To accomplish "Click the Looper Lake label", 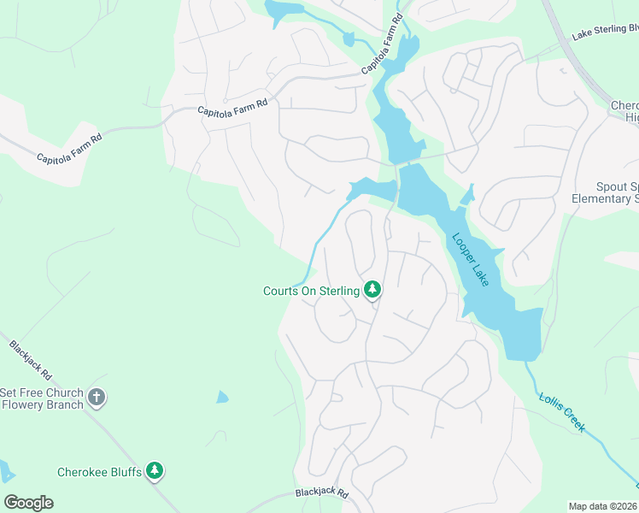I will pyautogui.click(x=470, y=260).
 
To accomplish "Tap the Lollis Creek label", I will pyautogui.click(x=562, y=411).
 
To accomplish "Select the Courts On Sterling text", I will pyautogui.click(x=310, y=292).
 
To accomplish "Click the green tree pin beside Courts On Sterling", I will pyautogui.click(x=372, y=290).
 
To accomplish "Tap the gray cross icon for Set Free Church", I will pyautogui.click(x=97, y=398).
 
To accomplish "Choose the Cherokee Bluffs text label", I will pyautogui.click(x=98, y=471).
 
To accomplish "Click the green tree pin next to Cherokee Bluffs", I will pyautogui.click(x=154, y=470).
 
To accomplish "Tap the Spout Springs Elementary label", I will pyautogui.click(x=617, y=193).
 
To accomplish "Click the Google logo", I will pyautogui.click(x=28, y=503).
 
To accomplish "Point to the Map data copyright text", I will pyautogui.click(x=603, y=505).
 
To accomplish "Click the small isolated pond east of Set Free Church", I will pyautogui.click(x=222, y=397).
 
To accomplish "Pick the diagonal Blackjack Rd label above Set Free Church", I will pyautogui.click(x=31, y=361).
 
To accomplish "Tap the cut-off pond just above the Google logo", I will pyautogui.click(x=4, y=470).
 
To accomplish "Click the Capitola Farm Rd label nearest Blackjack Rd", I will pyautogui.click(x=68, y=147).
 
